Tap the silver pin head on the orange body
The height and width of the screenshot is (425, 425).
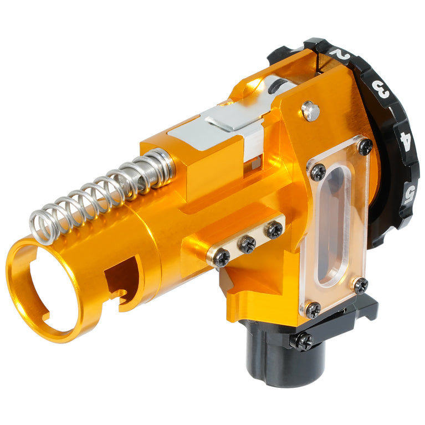click(x=311, y=111)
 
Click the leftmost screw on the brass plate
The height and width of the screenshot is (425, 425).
click(x=222, y=256)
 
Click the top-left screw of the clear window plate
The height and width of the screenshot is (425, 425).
click(x=318, y=171)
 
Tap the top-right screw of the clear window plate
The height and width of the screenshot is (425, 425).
click(x=365, y=146)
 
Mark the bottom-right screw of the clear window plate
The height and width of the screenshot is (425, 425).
click(x=360, y=285)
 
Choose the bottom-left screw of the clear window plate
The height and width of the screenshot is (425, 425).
click(x=313, y=310)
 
